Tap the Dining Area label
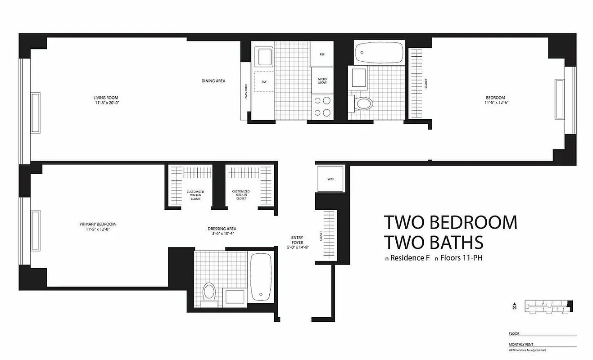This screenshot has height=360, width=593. (x=213, y=81)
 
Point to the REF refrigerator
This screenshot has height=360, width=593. (x=322, y=54)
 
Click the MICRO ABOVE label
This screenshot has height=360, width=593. (x=322, y=81)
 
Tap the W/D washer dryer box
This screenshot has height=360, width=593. (x=330, y=179)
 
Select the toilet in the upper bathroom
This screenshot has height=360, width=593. (x=363, y=103)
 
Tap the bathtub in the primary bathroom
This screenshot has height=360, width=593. (x=261, y=276)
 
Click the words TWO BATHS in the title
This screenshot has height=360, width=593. (x=433, y=242)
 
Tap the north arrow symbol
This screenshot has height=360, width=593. (x=514, y=306)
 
